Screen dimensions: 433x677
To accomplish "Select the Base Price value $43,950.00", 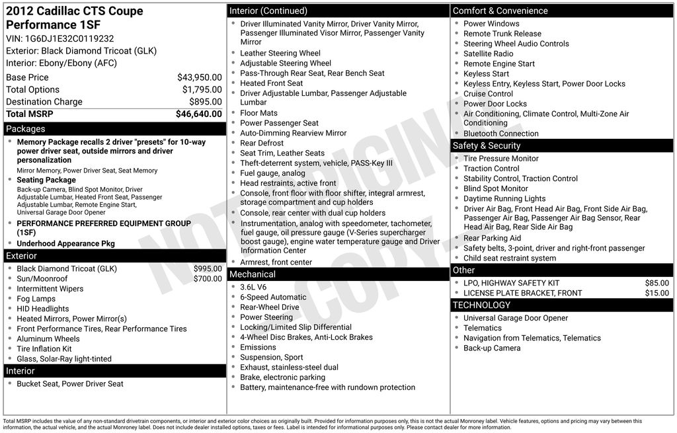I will click(x=199, y=77).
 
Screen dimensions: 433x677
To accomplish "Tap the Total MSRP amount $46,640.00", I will click(x=198, y=114).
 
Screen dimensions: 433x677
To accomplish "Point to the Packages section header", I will click(x=26, y=129).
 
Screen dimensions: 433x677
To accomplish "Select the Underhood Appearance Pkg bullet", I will click(x=65, y=243).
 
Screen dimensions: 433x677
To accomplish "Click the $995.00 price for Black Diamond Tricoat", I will click(x=208, y=269).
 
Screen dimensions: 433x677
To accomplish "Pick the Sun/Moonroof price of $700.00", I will click(x=208, y=279).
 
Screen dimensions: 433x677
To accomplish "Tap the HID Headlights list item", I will click(x=43, y=309).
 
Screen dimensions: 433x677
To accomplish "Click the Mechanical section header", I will click(x=252, y=274).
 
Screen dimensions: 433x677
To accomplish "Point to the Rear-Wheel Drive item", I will click(x=270, y=307).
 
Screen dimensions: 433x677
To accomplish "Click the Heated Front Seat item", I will click(x=271, y=83).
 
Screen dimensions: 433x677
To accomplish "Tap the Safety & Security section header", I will click(x=487, y=145).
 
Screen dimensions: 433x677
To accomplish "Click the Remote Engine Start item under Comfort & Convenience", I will click(x=499, y=63).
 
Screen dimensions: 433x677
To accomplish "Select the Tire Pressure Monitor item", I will click(x=501, y=159).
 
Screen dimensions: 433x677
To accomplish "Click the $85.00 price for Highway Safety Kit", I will click(x=657, y=283).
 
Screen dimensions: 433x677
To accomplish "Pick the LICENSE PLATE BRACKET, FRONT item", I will click(x=523, y=293).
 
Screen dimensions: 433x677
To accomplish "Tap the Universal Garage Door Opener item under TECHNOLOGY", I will click(x=516, y=318).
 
